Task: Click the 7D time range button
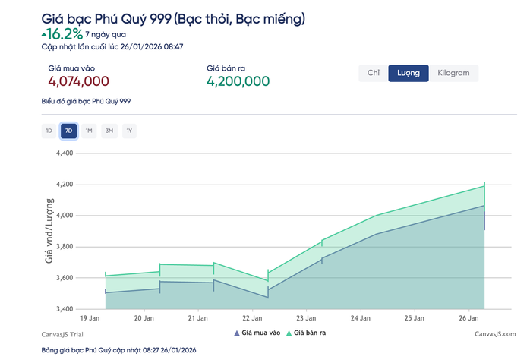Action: pyautogui.click(x=69, y=131)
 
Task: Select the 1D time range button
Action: pyautogui.click(x=49, y=131)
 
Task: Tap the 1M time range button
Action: pyautogui.click(x=89, y=131)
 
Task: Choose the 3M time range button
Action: pyautogui.click(x=109, y=131)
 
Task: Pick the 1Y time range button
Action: pyautogui.click(x=130, y=131)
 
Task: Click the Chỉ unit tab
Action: pyautogui.click(x=373, y=73)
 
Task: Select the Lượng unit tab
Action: pyautogui.click(x=409, y=73)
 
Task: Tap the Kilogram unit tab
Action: pyautogui.click(x=453, y=73)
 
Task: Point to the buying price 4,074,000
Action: pyautogui.click(x=78, y=81)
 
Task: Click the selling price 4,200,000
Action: pyautogui.click(x=238, y=81)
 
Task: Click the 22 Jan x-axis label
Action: pyautogui.click(x=253, y=318)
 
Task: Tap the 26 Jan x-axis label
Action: pyautogui.click(x=469, y=318)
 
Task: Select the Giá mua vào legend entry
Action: pyautogui.click(x=257, y=333)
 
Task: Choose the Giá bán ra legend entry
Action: pyautogui.click(x=308, y=333)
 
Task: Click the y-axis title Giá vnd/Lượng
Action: pyautogui.click(x=49, y=231)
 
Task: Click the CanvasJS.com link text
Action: pyautogui.click(x=494, y=333)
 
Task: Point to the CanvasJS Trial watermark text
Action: pyautogui.click(x=64, y=333)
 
